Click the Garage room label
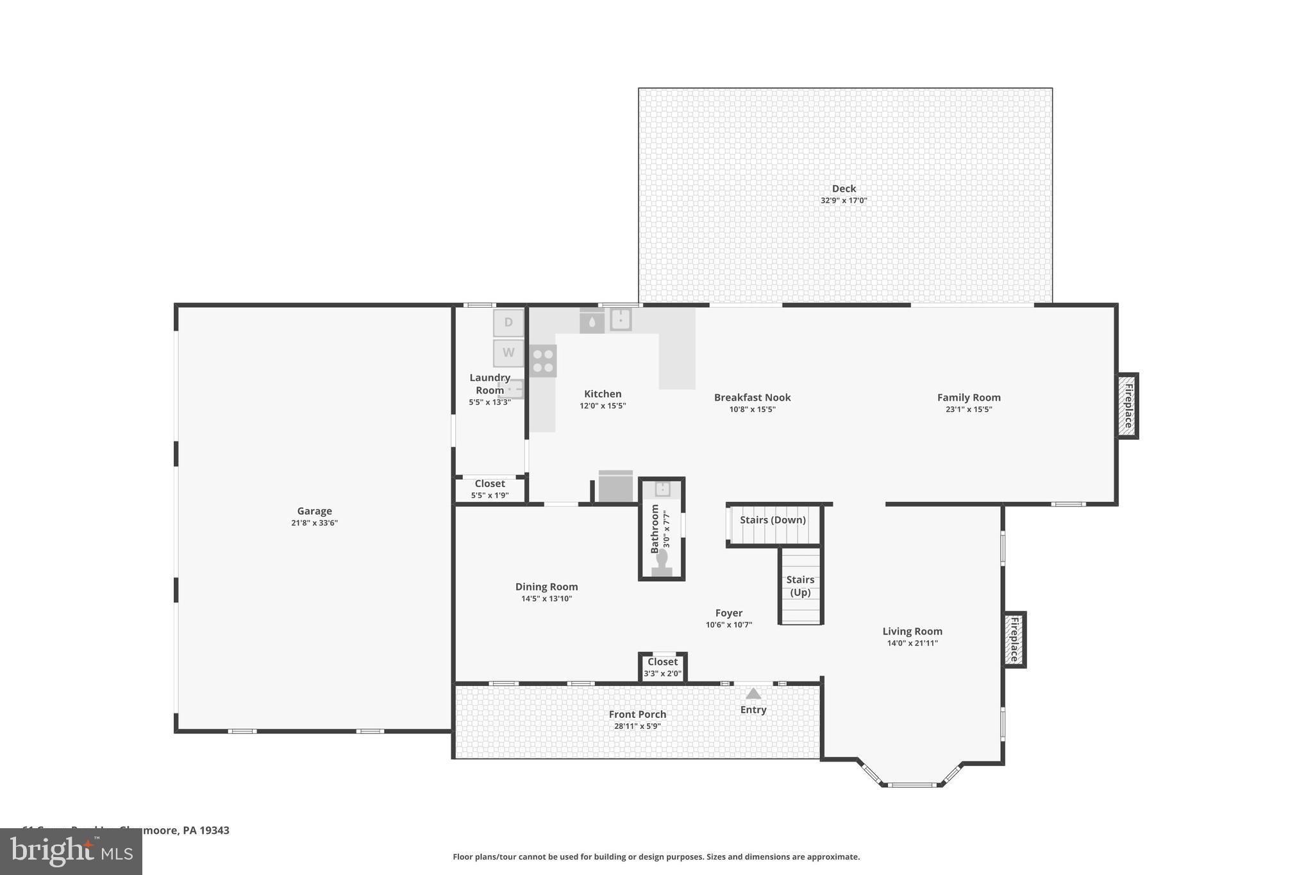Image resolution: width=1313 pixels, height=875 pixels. (314, 511)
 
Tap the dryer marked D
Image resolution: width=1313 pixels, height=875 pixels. (508, 322)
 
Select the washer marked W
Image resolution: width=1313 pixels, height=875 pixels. (508, 353)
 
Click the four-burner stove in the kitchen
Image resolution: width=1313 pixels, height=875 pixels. (543, 361)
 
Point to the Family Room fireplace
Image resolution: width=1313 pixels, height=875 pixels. (1128, 406)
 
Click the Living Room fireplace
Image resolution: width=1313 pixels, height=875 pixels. (1015, 639)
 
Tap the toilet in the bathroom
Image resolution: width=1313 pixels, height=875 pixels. (662, 562)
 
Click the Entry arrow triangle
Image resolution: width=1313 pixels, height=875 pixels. (753, 694)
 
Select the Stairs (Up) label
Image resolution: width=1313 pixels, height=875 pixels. (800, 586)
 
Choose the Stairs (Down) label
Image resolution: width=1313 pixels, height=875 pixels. (773, 520)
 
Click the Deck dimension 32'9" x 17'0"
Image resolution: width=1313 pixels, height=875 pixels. (844, 201)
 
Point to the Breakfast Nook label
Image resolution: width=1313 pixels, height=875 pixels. (752, 397)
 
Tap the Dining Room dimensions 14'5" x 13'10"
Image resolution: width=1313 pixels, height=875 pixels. (546, 599)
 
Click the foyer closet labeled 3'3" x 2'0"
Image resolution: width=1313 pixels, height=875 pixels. (662, 667)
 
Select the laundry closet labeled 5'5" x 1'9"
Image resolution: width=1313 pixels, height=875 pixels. (490, 489)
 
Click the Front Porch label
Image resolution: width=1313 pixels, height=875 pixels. (637, 714)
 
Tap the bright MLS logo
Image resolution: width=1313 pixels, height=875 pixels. (71, 851)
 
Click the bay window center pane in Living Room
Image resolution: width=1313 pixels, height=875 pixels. (911, 784)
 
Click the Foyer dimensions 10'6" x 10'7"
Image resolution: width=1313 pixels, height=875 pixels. (729, 624)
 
